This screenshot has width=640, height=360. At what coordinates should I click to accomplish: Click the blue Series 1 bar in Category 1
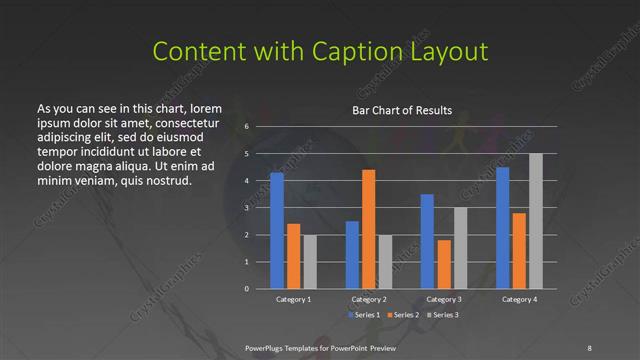[x=277, y=231]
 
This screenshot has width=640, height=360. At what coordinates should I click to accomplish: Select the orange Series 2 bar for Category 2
[x=369, y=229]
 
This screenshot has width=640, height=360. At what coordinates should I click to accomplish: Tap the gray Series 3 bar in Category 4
[x=536, y=221]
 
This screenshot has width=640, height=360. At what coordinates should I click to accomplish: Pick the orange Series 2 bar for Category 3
[x=444, y=264]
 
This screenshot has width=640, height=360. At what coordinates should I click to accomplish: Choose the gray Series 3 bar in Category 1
[x=310, y=262]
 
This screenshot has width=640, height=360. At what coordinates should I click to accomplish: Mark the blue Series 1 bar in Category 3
[x=427, y=241]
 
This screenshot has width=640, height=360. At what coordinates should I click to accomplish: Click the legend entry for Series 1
[x=364, y=315]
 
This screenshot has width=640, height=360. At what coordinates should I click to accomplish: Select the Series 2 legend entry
[x=404, y=315]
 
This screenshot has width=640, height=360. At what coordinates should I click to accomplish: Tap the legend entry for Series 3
[x=444, y=315]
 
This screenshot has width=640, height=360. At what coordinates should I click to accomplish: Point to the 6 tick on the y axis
[x=247, y=128]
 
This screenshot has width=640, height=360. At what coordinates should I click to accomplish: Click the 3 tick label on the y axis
[x=247, y=208]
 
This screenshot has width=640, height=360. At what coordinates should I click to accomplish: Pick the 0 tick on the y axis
[x=247, y=288]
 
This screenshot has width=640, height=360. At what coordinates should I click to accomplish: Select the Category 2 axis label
[x=368, y=299]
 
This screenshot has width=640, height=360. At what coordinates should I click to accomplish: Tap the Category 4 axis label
[x=519, y=299]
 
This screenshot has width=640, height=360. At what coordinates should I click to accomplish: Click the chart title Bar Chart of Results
[x=402, y=110]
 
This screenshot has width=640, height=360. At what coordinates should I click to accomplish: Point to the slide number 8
[x=589, y=347]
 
